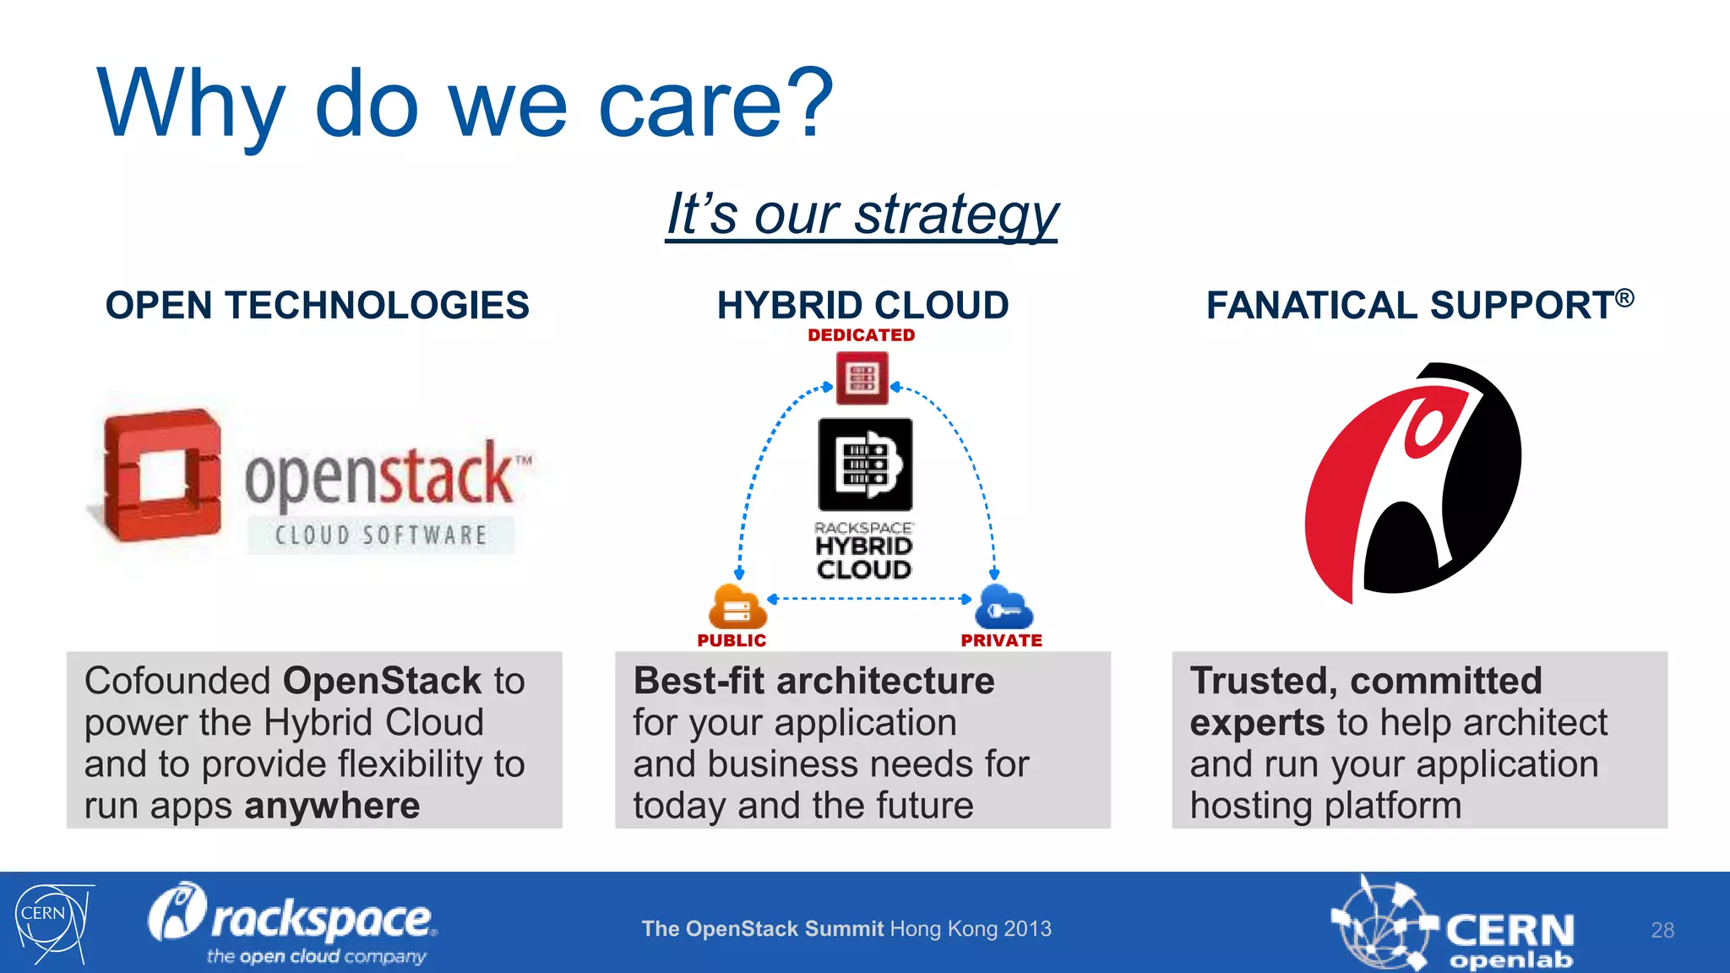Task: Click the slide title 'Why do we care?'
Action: click(x=465, y=106)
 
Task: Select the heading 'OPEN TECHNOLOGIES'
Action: click(x=317, y=305)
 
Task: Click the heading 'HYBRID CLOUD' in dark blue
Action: click(x=862, y=305)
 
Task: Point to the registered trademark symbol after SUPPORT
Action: click(x=1624, y=298)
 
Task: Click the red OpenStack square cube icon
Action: click(x=161, y=476)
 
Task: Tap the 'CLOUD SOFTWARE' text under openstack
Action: click(x=381, y=535)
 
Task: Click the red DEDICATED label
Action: click(x=861, y=335)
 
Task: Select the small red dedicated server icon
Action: click(x=862, y=378)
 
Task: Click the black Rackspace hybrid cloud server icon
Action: click(x=865, y=465)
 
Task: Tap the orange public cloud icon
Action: click(x=736, y=607)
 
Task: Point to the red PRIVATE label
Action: click(x=1001, y=641)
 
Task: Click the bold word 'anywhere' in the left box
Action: click(x=332, y=806)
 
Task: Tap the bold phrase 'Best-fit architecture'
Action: click(x=813, y=681)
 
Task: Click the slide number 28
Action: click(x=1662, y=930)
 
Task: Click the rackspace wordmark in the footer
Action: click(x=321, y=921)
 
